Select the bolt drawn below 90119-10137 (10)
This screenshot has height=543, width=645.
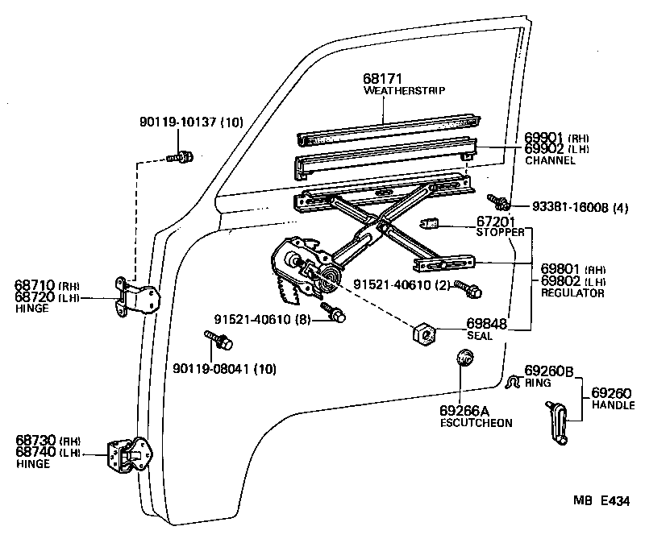coord(180,157)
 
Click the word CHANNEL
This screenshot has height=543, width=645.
coord(550,160)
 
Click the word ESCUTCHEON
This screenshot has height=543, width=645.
coord(476,423)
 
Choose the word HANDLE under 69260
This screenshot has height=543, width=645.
coord(614,405)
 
